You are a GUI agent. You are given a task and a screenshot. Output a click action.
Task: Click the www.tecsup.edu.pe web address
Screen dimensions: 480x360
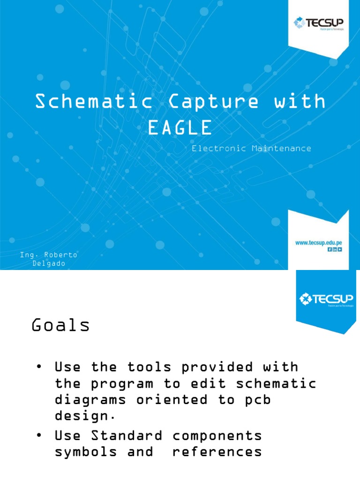318,242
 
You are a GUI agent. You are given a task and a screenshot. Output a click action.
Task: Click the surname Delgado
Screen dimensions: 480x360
49,263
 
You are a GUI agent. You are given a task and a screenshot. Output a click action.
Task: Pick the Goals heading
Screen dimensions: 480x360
60,325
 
